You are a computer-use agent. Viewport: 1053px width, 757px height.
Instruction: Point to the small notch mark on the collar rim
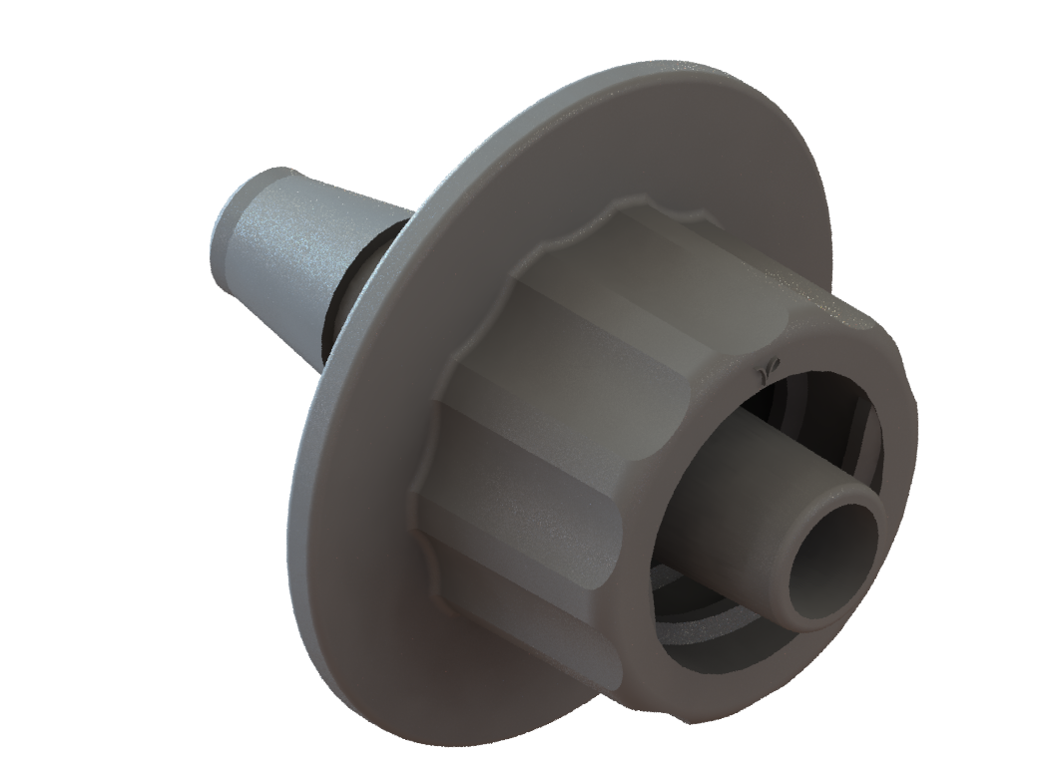tap(767, 370)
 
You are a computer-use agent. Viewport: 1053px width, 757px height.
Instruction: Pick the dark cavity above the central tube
tap(798, 399)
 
